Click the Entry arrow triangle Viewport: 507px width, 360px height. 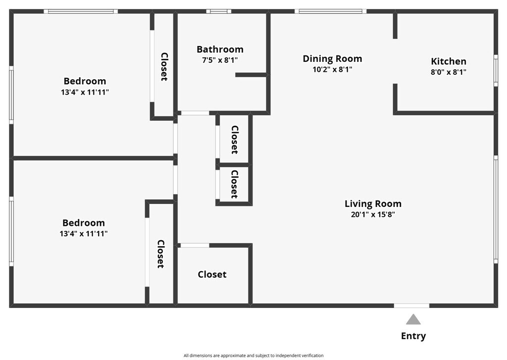(413, 319)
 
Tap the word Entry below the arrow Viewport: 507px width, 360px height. (413, 336)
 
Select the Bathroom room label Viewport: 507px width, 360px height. (220, 49)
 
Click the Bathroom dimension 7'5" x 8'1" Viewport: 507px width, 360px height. (220, 60)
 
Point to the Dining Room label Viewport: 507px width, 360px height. (332, 58)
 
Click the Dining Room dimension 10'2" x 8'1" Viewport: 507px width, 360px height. (332, 69)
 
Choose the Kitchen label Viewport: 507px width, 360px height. (449, 61)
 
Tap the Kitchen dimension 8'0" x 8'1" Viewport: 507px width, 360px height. (449, 72)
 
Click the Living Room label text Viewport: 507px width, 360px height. (373, 204)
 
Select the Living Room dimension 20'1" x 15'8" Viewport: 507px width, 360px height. (373, 214)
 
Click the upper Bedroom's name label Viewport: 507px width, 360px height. (85, 81)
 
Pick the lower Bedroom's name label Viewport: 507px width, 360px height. (84, 223)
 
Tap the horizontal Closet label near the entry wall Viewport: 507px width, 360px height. (212, 274)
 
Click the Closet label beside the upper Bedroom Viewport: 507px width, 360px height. (164, 67)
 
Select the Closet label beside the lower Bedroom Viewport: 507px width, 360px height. (161, 254)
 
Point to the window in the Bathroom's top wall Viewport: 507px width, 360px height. (218, 11)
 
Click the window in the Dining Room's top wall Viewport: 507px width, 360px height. (330, 11)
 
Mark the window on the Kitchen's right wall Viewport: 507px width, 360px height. (496, 70)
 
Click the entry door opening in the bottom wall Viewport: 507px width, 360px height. (411, 306)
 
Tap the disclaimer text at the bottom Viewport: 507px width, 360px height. (253, 356)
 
